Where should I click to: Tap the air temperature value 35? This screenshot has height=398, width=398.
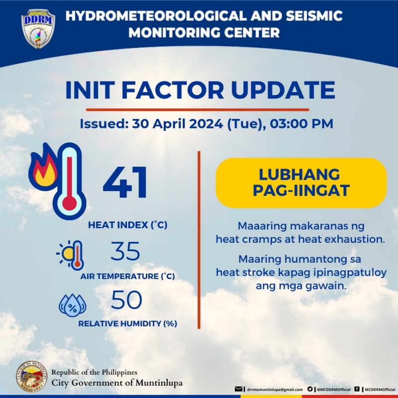[125, 252]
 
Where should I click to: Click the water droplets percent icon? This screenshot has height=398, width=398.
[73, 305]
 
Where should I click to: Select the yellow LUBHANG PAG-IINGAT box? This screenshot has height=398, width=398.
[301, 182]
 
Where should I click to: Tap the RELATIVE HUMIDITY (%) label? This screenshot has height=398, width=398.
[128, 323]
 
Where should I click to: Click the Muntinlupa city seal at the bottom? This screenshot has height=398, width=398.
[32, 376]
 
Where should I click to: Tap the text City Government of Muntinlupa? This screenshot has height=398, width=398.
[117, 383]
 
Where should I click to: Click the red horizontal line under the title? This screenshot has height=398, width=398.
[198, 109]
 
